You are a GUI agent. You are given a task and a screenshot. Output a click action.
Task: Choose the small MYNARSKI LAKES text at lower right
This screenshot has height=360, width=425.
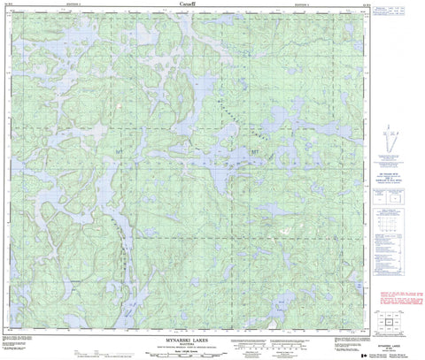[390, 335]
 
